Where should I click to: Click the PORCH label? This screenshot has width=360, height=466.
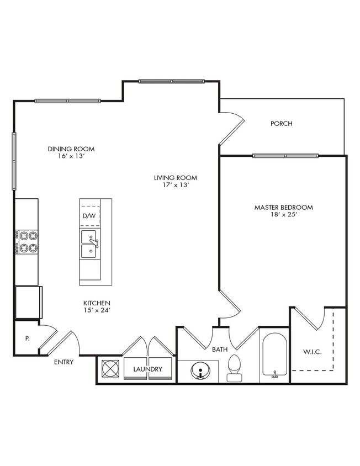(281, 124)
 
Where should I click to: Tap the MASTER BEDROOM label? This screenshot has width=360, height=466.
(283, 208)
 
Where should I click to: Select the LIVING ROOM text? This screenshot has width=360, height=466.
(176, 178)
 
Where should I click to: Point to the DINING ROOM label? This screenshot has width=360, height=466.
(71, 149)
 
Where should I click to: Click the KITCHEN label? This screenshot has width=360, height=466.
(97, 303)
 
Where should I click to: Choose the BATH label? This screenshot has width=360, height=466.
(220, 349)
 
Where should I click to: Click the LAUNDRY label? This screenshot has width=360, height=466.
(147, 369)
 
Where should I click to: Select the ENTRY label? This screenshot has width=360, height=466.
(63, 362)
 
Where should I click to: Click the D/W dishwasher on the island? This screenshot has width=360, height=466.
(89, 216)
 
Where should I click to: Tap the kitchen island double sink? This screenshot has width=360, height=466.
(89, 244)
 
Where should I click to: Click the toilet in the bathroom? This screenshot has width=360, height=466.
(234, 368)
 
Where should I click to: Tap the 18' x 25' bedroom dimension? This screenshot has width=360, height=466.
(283, 215)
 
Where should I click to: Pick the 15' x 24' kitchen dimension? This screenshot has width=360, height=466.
(97, 311)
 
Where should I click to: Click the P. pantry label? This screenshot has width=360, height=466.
(27, 338)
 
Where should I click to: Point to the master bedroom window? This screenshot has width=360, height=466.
(285, 156)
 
